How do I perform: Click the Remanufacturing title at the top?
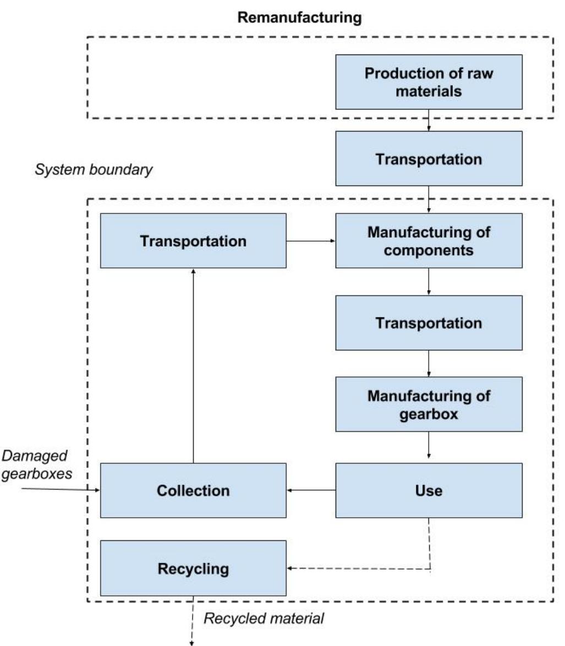pos(300,18)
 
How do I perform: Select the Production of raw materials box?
pos(429,82)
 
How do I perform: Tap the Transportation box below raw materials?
pos(429,158)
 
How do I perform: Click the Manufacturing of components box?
pos(429,240)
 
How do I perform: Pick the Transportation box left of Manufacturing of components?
pos(193,240)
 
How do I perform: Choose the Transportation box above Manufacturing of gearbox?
pos(429,322)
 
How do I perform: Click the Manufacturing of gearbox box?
pos(429,404)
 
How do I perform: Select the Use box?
pos(429,490)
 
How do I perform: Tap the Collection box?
pos(193,490)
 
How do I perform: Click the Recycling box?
pos(193,568)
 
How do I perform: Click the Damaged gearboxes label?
pos(36,464)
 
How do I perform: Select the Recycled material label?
pos(264,618)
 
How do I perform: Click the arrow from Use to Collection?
pos(311,490)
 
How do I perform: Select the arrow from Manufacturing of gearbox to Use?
pos(429,447)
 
